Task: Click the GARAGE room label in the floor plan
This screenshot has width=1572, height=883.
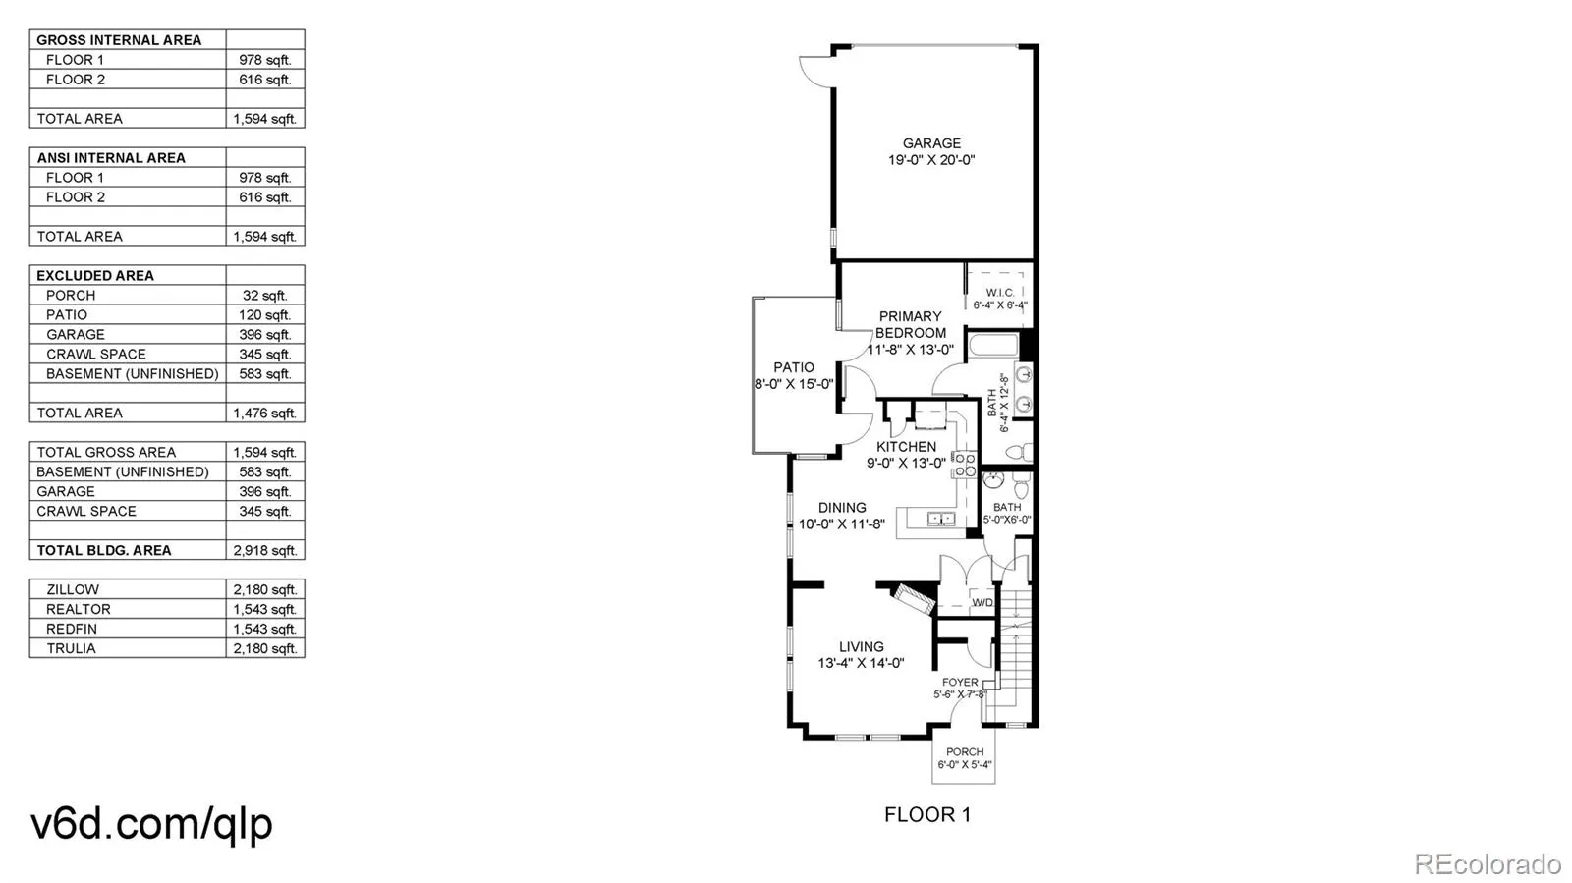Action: pyautogui.click(x=931, y=143)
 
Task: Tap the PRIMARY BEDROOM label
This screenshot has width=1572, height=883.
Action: pyautogui.click(x=910, y=324)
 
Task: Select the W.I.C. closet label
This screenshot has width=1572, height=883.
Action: pyautogui.click(x=1000, y=293)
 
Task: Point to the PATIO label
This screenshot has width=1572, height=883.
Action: pyautogui.click(x=794, y=367)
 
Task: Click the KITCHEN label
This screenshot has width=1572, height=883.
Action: pyautogui.click(x=906, y=447)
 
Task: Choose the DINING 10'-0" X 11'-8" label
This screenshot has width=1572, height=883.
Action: pyautogui.click(x=842, y=516)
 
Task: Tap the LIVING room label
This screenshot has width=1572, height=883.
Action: pyautogui.click(x=861, y=647)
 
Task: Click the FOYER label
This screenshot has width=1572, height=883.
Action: pyautogui.click(x=960, y=682)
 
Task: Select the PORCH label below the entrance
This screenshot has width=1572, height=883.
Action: pyautogui.click(x=965, y=752)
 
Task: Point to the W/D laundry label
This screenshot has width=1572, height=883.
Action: pyautogui.click(x=982, y=602)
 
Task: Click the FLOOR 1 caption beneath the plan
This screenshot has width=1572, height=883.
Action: pyautogui.click(x=926, y=814)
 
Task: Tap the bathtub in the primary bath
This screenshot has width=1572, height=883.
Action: pyautogui.click(x=992, y=346)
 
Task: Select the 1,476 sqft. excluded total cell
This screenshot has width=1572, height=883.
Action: pyautogui.click(x=264, y=413)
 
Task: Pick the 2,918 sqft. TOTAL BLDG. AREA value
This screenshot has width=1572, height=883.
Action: pyautogui.click(x=264, y=550)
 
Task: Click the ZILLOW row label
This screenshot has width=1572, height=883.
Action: pyautogui.click(x=73, y=589)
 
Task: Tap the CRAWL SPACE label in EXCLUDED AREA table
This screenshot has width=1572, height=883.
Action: pyautogui.click(x=95, y=354)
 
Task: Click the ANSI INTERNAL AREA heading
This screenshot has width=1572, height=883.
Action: pyautogui.click(x=111, y=157)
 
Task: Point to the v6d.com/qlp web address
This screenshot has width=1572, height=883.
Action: pyautogui.click(x=151, y=823)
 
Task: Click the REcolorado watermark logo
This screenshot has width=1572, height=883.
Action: pyautogui.click(x=1487, y=863)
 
